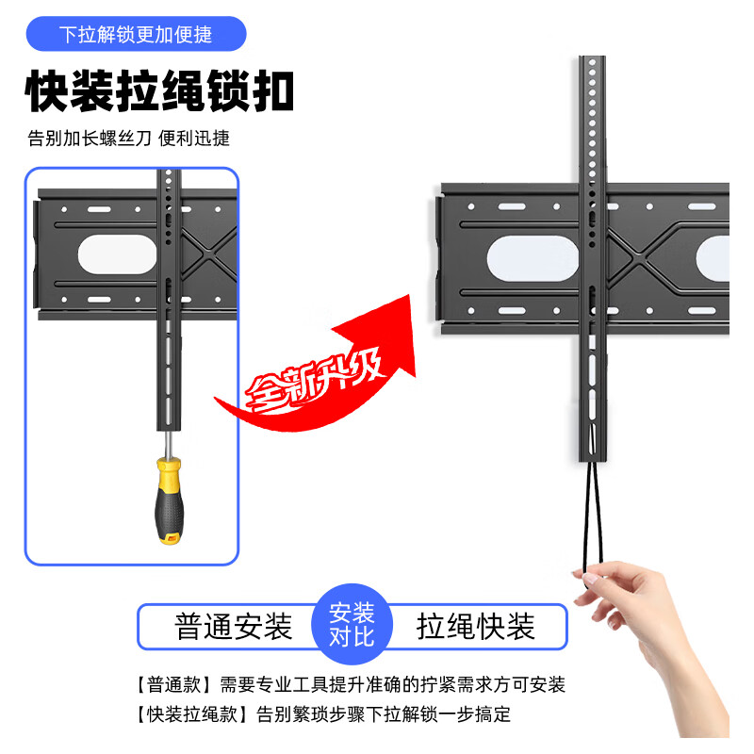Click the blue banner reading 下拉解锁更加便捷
click(136, 35)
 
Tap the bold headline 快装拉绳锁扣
click(159, 92)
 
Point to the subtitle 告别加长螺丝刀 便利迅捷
click(128, 139)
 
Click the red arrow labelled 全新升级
click(320, 368)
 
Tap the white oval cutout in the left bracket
click(117, 254)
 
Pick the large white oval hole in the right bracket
click(524, 256)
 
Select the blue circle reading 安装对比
click(352, 626)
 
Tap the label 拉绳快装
click(476, 627)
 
